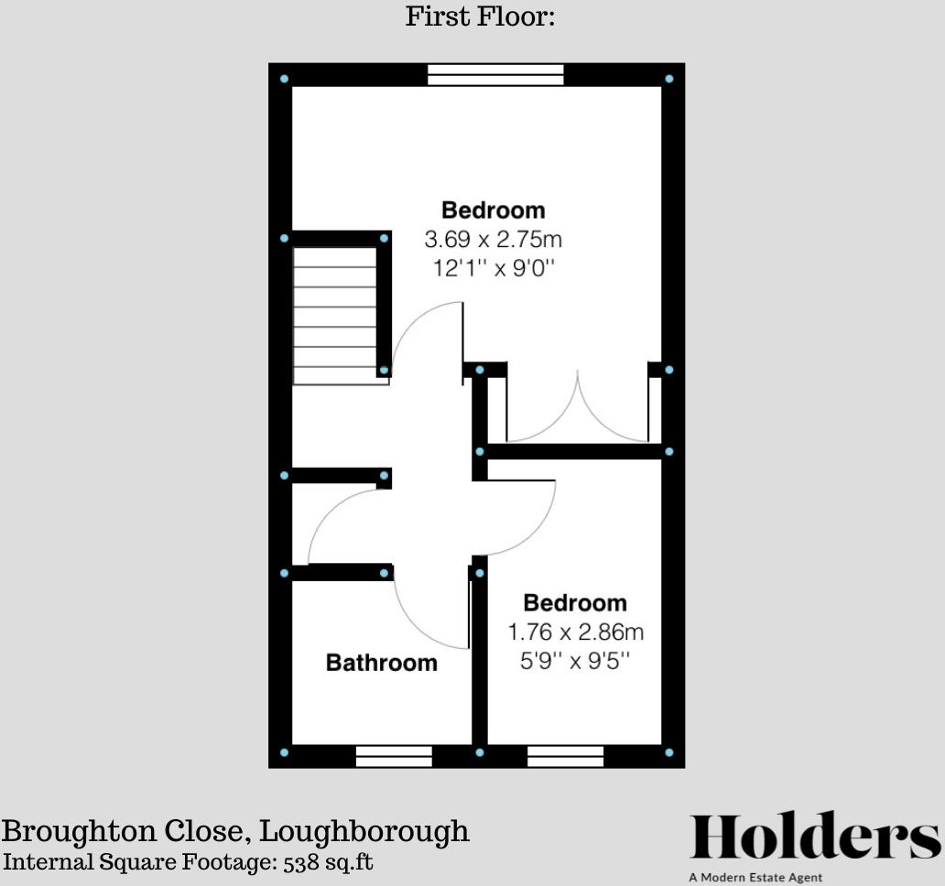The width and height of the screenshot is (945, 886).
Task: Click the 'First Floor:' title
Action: click(x=480, y=16)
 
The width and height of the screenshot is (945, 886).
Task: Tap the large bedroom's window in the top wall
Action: click(x=495, y=75)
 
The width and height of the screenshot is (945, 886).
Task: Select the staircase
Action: click(x=334, y=316)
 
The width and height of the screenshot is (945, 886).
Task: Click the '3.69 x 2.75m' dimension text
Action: click(x=493, y=240)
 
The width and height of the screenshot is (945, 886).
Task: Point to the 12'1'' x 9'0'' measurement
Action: click(x=493, y=269)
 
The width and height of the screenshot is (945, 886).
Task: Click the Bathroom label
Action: click(x=382, y=663)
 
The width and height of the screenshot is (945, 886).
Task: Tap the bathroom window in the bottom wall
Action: click(x=394, y=756)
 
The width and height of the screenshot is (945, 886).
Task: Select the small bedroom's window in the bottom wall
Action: click(x=565, y=756)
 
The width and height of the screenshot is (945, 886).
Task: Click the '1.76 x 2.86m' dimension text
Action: click(x=576, y=632)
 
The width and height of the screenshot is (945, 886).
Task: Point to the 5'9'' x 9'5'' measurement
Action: click(x=576, y=660)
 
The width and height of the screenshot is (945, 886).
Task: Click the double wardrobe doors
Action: click(x=578, y=412)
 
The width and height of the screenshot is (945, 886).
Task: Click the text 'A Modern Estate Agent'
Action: click(x=755, y=878)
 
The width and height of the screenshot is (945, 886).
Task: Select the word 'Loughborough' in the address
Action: click(x=364, y=832)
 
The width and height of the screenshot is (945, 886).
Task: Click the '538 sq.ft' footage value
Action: click(x=327, y=862)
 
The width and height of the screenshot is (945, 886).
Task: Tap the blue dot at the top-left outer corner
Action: click(x=284, y=80)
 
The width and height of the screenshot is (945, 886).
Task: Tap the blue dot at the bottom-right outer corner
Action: click(x=669, y=752)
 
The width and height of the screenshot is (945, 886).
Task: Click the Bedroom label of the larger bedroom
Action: click(x=493, y=211)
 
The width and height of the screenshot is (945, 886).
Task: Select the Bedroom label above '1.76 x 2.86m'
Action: click(x=575, y=603)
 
